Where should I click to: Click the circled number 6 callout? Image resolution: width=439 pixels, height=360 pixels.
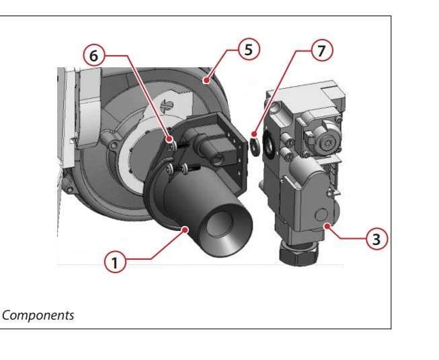pyautogui.click(x=94, y=55)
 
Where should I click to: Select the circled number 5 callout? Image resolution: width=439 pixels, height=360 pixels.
pyautogui.click(x=249, y=49)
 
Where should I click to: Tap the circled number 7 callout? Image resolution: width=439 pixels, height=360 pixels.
pyautogui.click(x=322, y=50)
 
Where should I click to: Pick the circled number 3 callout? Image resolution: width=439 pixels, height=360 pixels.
pyautogui.click(x=377, y=239)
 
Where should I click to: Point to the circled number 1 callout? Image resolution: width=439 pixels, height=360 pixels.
pyautogui.click(x=115, y=262)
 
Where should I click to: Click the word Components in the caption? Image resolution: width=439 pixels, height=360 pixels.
pyautogui.click(x=38, y=315)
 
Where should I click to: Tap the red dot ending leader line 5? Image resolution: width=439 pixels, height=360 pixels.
pyautogui.click(x=206, y=80)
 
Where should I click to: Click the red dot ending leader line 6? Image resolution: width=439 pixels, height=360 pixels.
pyautogui.click(x=169, y=139)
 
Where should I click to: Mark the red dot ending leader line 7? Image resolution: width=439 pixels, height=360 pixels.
pyautogui.click(x=254, y=134)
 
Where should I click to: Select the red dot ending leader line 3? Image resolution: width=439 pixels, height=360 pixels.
pyautogui.click(x=327, y=225)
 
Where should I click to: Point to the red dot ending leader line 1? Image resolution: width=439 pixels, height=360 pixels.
pyautogui.click(x=185, y=229)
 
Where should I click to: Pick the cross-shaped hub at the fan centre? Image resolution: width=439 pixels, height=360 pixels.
pyautogui.click(x=166, y=106)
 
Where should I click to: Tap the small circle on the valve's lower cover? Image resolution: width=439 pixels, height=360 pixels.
pyautogui.click(x=321, y=215)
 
